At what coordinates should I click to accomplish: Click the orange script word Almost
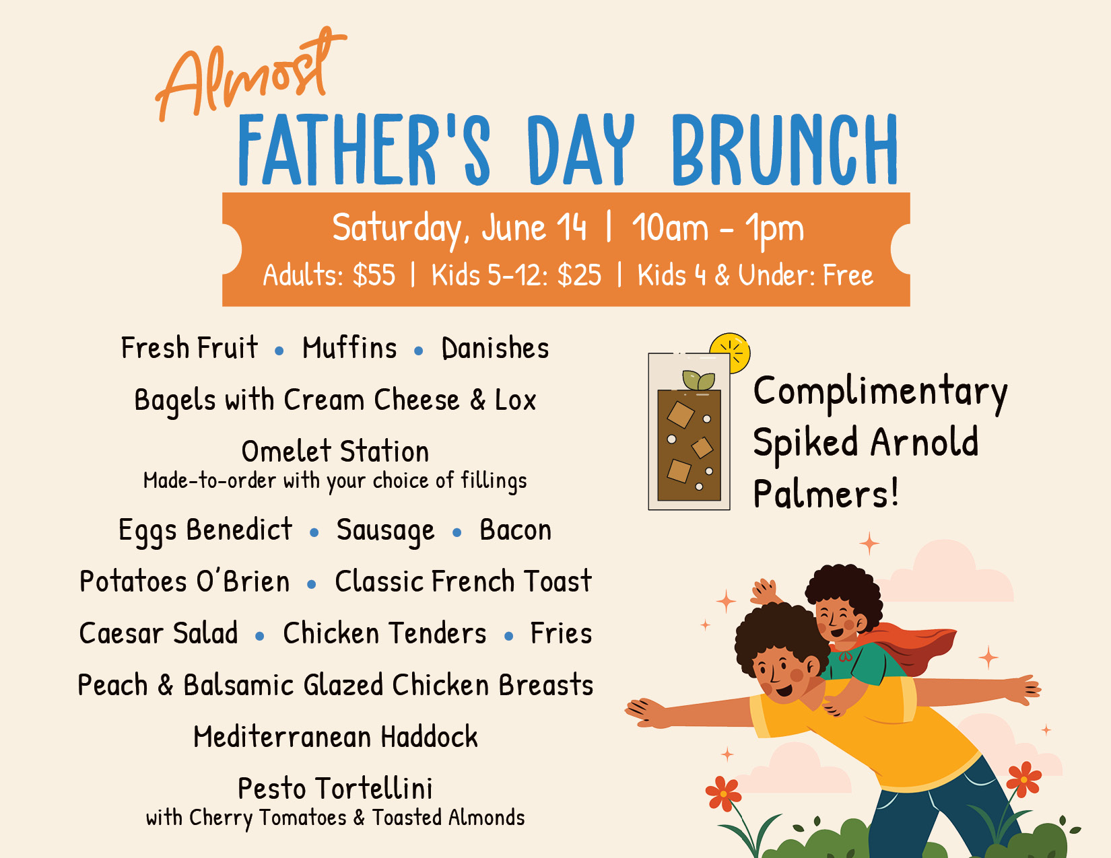(x=250, y=74)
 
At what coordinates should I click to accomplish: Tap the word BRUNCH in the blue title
(x=784, y=149)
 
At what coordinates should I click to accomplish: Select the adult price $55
(x=374, y=275)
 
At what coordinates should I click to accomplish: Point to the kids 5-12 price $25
(x=579, y=275)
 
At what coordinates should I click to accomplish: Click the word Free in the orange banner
(x=848, y=275)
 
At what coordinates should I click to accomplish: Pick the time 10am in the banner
(x=670, y=227)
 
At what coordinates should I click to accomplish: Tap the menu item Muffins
(x=349, y=348)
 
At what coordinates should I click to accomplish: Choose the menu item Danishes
(x=495, y=348)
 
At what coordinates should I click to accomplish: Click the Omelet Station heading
(x=335, y=452)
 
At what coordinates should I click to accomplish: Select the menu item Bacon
(x=515, y=530)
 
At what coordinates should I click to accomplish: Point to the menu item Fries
(x=561, y=633)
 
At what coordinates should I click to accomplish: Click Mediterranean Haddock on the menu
(x=335, y=736)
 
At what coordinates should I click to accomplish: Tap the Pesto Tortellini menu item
(x=335, y=788)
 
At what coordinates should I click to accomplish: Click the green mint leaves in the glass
(x=698, y=381)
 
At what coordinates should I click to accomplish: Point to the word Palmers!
(x=826, y=494)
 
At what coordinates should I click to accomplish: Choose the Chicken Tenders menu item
(x=384, y=633)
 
